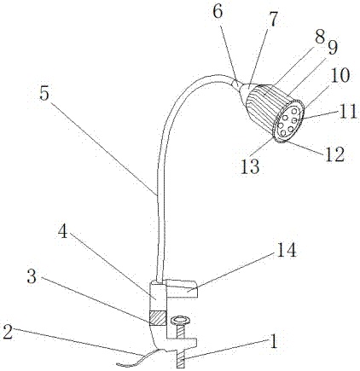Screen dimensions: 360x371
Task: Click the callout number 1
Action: click(x=274, y=341)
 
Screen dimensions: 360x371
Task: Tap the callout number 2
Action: click(x=8, y=332)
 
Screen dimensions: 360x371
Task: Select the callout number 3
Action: click(x=32, y=276)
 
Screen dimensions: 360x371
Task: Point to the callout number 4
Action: click(x=63, y=231)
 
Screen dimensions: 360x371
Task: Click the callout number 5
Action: click(x=45, y=93)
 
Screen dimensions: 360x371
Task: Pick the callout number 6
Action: click(x=218, y=12)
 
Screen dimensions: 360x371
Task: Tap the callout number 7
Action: click(x=272, y=19)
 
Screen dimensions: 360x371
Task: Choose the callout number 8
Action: click(x=320, y=37)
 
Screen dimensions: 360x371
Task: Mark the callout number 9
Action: click(x=331, y=47)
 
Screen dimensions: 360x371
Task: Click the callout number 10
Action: click(x=340, y=75)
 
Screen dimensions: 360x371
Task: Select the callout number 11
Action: click(x=347, y=111)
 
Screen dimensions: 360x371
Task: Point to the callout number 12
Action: click(x=334, y=154)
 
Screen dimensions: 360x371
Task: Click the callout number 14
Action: click(x=286, y=249)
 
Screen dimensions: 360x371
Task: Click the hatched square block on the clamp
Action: click(x=157, y=318)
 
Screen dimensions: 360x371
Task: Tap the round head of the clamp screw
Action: click(x=180, y=321)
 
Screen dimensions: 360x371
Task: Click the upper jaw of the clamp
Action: click(x=181, y=288)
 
